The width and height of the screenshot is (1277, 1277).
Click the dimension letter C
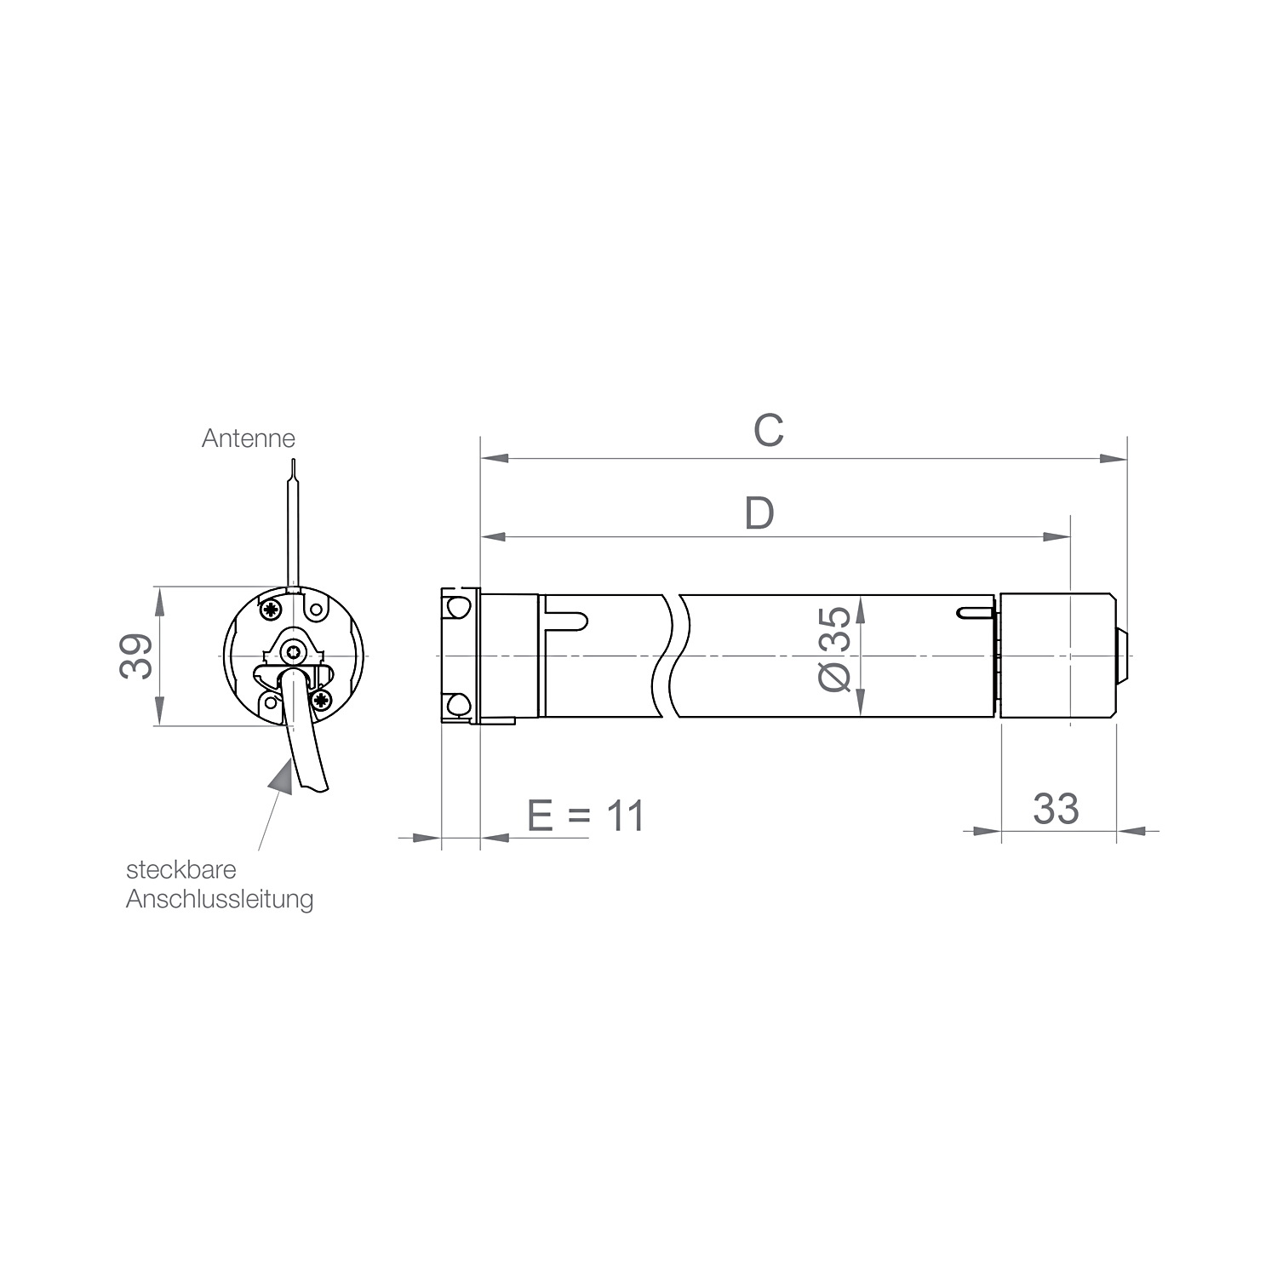click(768, 431)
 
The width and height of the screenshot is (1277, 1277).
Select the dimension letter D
click(759, 513)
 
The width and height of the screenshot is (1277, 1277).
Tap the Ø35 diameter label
click(834, 649)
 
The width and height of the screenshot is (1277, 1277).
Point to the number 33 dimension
click(1056, 809)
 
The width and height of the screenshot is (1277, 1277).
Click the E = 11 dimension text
click(587, 816)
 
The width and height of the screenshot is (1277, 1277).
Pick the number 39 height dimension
click(136, 656)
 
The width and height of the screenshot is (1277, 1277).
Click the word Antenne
click(249, 438)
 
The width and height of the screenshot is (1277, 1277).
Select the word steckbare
click(181, 871)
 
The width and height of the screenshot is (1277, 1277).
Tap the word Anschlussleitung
click(220, 900)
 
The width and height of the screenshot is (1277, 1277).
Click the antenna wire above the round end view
click(293, 524)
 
